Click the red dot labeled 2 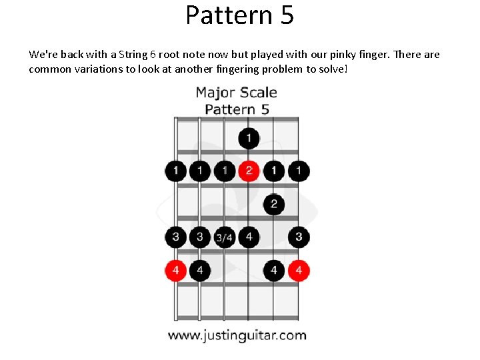249,171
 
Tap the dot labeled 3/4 225,237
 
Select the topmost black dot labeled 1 249,139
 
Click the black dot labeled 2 273,204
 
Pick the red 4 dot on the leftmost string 175,270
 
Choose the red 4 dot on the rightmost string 299,270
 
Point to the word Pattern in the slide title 226,15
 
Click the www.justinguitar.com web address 237,335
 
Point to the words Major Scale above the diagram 236,92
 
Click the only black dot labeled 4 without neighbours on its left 273,270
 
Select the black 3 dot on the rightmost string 299,236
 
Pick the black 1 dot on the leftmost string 175,171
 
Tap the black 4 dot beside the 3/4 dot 249,236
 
